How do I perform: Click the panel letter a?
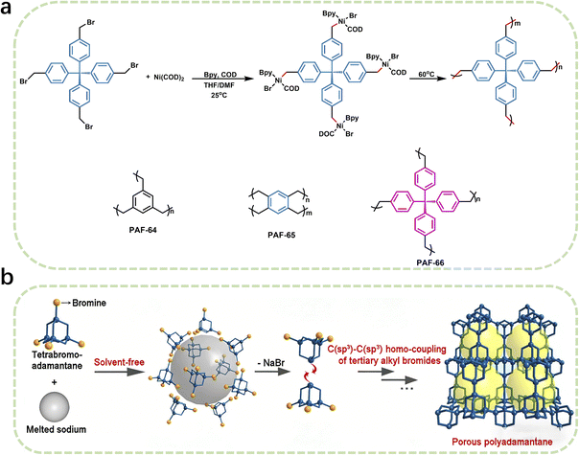(x=8, y=8)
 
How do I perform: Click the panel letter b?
(x=8, y=278)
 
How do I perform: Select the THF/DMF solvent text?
(x=220, y=85)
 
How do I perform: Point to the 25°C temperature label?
(x=220, y=95)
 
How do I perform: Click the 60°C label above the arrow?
(x=427, y=74)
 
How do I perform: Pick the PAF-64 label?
(x=143, y=230)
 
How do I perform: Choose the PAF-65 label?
(x=282, y=235)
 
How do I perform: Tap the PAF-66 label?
(x=430, y=262)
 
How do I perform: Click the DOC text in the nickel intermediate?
(x=327, y=134)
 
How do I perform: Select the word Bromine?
(x=89, y=303)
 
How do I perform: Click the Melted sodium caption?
(x=57, y=429)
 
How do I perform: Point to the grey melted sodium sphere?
(x=55, y=406)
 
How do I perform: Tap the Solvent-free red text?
(x=119, y=362)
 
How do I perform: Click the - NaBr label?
(x=271, y=363)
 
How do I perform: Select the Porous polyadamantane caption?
(x=502, y=442)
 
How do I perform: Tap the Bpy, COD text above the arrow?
(x=220, y=75)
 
